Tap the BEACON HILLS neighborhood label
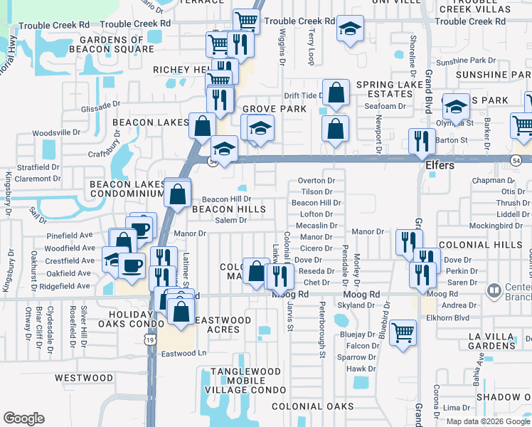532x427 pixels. pos(228,209)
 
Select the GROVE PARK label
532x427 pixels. pos(275,109)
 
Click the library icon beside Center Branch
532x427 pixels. pos(492,290)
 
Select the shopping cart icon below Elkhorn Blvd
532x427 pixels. pos(403,331)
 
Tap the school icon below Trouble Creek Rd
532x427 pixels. pos(349,28)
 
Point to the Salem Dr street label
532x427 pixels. pos(231,221)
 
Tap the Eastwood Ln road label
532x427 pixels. pos(183,353)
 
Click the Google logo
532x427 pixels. pos(24,418)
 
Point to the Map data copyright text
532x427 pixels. pos(487,421)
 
